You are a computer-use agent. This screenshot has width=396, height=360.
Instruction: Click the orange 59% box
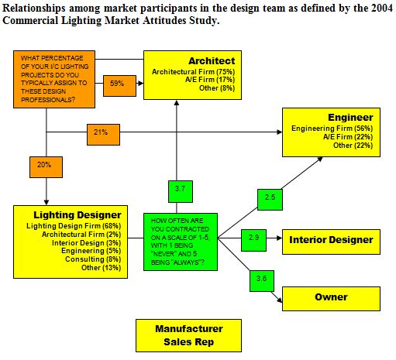point(119,86)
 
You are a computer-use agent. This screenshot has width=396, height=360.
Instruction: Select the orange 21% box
point(103,135)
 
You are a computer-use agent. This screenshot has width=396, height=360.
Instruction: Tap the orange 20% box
point(46,167)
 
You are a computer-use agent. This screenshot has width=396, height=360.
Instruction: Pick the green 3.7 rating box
point(181,191)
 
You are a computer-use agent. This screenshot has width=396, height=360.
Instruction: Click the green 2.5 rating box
point(270,200)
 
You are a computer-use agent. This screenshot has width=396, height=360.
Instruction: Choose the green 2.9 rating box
point(253,240)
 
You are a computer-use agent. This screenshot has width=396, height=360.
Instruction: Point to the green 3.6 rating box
point(262,281)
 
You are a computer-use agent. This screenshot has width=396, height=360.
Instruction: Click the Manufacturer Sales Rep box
point(189,335)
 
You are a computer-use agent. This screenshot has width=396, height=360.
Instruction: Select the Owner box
point(331,299)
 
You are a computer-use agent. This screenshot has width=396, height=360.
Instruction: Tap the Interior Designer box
point(331,242)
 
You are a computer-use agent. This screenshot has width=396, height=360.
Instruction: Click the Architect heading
point(212,61)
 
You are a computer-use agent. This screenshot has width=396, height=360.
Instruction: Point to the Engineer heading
point(350,118)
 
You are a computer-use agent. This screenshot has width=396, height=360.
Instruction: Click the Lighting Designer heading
point(77,215)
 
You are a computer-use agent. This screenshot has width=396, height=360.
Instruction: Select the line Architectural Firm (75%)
point(193,72)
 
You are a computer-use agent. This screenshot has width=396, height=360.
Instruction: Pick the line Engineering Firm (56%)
point(332,129)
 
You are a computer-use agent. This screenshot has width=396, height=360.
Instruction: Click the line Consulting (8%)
point(93,259)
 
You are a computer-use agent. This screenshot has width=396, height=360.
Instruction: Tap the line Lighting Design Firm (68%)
point(74,226)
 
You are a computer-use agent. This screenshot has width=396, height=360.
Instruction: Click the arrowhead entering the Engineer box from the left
point(280,132)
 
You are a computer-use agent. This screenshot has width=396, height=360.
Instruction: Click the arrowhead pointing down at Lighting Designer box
point(46,202)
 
